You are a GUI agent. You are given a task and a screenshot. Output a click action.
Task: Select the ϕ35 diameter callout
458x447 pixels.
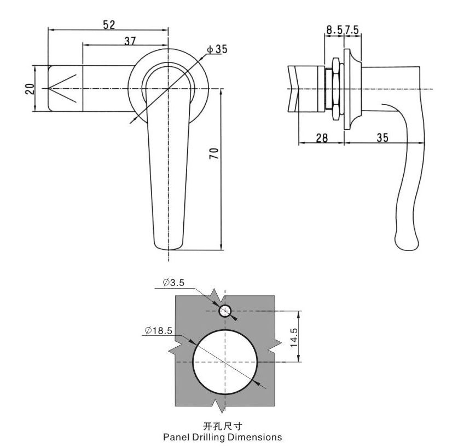[217, 49]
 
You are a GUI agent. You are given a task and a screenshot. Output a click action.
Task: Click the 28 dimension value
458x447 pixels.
[322, 138]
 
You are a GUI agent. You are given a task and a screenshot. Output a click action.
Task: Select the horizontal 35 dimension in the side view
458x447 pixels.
[382, 138]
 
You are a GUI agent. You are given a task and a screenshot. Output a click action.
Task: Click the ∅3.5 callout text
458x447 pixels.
[173, 283]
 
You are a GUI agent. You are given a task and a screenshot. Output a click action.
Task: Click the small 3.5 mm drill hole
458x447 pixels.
[225, 311]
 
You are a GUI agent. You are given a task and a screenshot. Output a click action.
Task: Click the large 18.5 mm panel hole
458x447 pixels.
[225, 362]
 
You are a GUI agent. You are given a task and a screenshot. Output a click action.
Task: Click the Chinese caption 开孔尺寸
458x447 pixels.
[222, 426]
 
